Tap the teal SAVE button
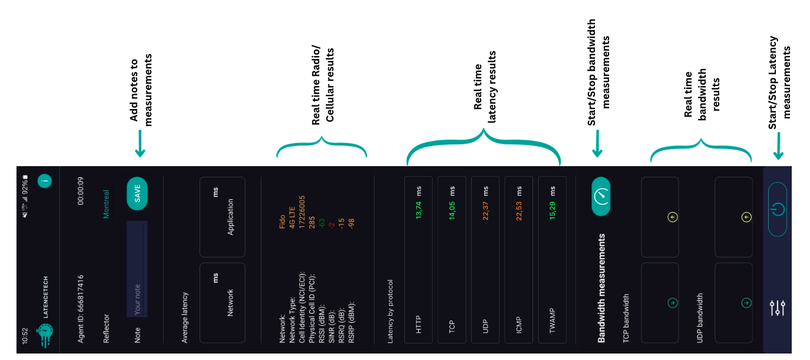tap(137, 194)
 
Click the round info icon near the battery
tap(45, 180)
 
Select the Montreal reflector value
tap(106, 204)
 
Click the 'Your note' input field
tap(137, 269)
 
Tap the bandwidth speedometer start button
tap(601, 196)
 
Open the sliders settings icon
tap(778, 308)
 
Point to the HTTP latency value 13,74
tap(418, 210)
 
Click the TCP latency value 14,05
tap(452, 210)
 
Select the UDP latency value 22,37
tap(485, 210)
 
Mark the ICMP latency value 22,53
tap(518, 211)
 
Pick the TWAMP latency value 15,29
tap(552, 210)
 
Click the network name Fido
tap(282, 222)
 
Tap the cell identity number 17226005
tap(302, 212)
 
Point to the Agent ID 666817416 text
tap(80, 309)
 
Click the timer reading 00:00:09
tap(80, 191)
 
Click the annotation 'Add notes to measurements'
tap(141, 90)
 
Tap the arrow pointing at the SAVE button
tap(140, 144)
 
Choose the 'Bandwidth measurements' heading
tap(601, 288)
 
